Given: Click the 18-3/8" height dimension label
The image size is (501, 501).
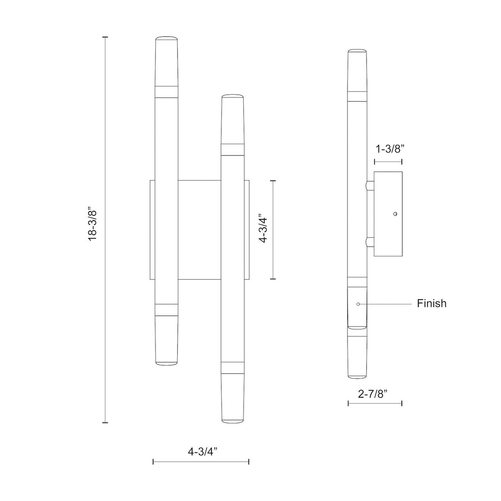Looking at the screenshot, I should click(x=93, y=229).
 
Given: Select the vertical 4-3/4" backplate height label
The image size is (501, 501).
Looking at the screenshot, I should click(x=263, y=229).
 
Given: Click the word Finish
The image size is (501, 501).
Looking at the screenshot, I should click(x=431, y=304).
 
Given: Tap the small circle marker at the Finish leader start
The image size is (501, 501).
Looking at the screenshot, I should click(x=358, y=304).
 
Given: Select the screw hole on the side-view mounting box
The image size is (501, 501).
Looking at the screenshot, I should click(x=395, y=214).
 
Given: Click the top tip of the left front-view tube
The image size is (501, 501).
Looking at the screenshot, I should click(x=166, y=37).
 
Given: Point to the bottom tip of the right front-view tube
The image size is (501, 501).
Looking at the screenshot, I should click(x=233, y=421).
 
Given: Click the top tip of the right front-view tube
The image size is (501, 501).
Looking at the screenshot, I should click(x=233, y=96).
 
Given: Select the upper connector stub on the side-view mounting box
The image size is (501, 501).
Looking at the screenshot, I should click(x=370, y=186).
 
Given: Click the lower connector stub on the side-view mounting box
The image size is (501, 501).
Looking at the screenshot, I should click(x=370, y=241).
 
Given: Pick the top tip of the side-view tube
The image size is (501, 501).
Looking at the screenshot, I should click(x=357, y=50).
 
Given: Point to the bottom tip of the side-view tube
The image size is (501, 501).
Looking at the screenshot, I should click(x=357, y=376).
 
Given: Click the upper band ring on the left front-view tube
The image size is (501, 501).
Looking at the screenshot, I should click(x=166, y=91).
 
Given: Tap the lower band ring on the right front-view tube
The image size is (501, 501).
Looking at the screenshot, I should click(x=233, y=367).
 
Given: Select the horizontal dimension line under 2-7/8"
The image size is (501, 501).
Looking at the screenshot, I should click(x=375, y=403).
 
